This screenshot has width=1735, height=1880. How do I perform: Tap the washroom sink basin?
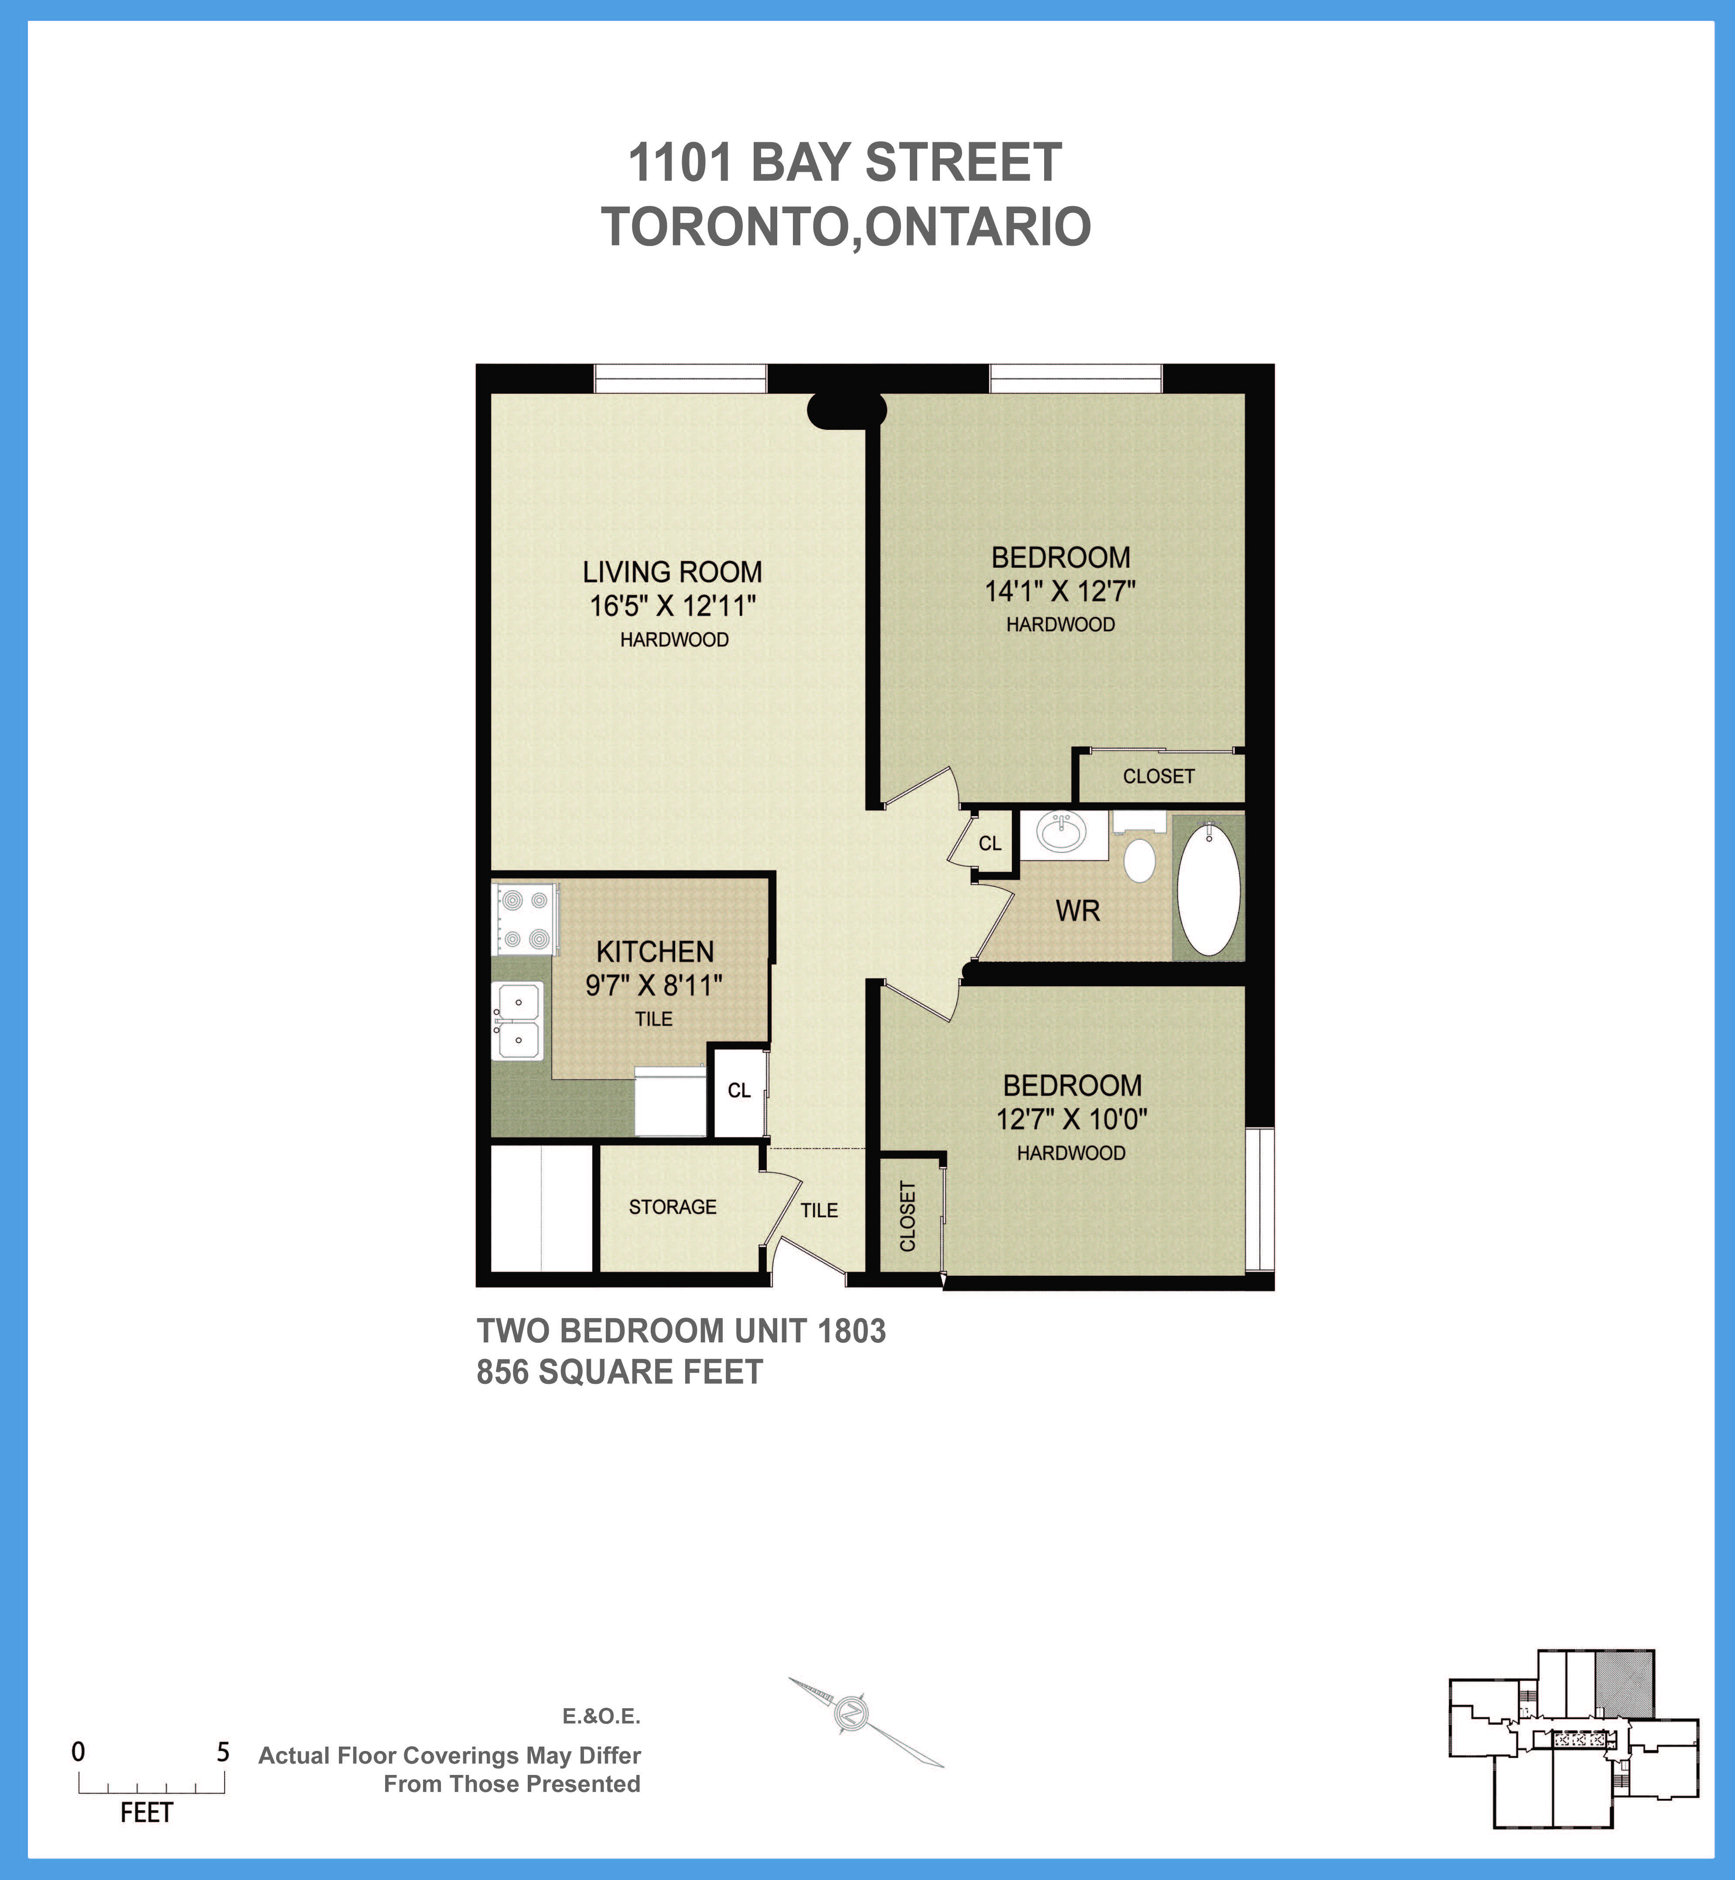tap(1061, 831)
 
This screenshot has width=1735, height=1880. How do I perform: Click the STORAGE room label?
tap(672, 1207)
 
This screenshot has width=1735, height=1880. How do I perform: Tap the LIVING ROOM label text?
tap(672, 572)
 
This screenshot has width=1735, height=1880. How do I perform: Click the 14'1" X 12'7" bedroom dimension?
tap(1060, 591)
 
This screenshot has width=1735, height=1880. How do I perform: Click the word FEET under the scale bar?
tap(147, 1812)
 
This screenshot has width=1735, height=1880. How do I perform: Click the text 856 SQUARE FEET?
tap(620, 1372)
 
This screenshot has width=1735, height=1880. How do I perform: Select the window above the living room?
tap(681, 379)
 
